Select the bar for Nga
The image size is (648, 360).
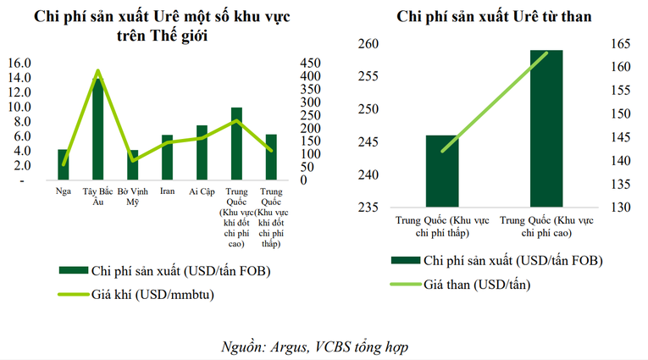tap(63, 164)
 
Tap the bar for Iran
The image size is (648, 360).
tap(167, 158)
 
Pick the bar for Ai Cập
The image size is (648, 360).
tap(202, 152)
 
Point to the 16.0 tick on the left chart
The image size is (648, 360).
tap(19, 63)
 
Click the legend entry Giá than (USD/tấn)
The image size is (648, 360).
tap(478, 284)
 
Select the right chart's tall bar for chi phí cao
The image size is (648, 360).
tap(546, 127)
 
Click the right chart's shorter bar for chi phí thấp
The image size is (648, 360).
tap(442, 169)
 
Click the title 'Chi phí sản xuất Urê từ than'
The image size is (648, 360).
tap(494, 16)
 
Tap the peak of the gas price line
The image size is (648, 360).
tap(98, 71)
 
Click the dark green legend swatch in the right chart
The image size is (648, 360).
tap(404, 261)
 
